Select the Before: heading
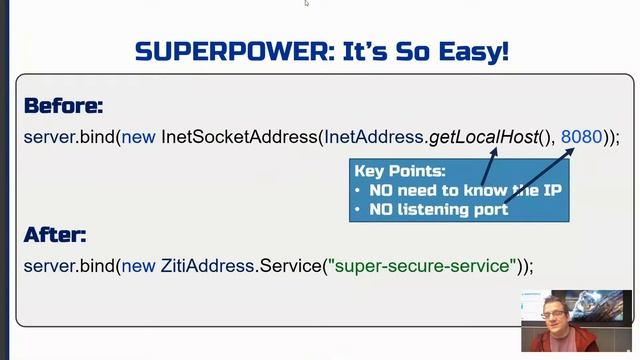click(x=63, y=106)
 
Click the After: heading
click(x=55, y=236)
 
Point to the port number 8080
click(x=581, y=136)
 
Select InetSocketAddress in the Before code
click(x=239, y=136)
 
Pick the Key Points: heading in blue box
click(x=400, y=171)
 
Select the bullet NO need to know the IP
click(x=464, y=190)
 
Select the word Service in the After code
click(x=291, y=266)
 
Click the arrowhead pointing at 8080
click(x=573, y=150)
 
